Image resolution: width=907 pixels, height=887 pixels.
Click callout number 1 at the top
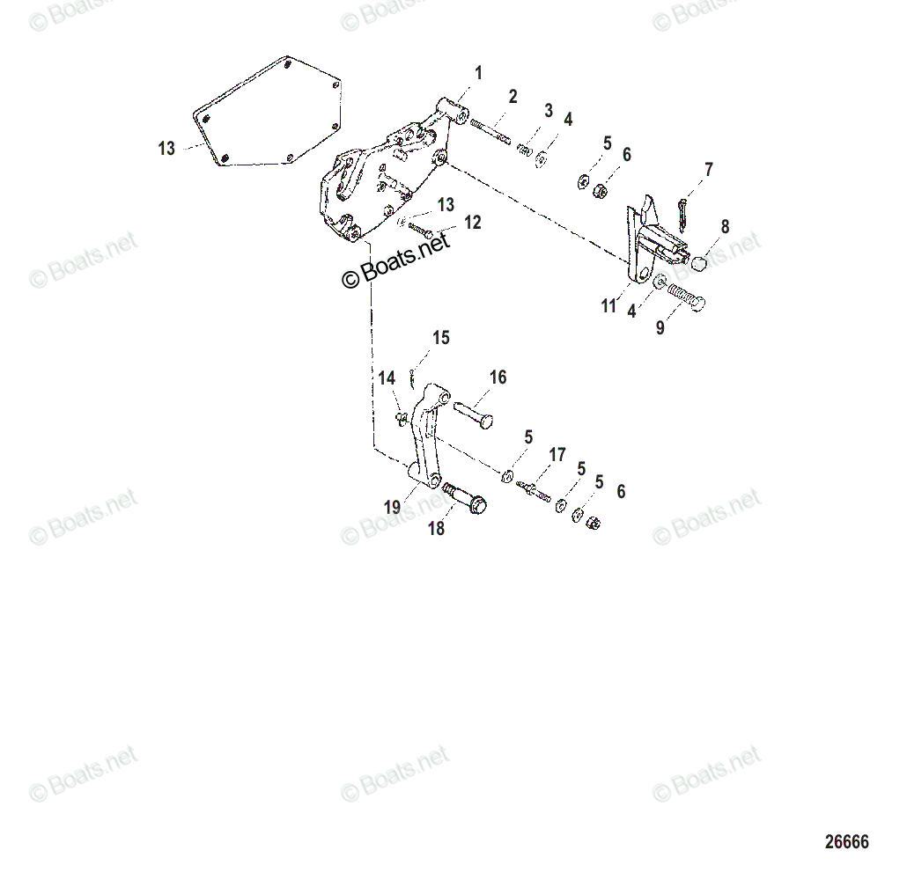coord(478,73)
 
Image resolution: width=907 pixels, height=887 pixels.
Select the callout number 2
coord(512,97)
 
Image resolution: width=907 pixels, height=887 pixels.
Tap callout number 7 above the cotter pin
coord(709,170)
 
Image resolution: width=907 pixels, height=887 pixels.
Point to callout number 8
coord(725,227)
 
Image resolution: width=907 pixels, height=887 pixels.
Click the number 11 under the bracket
coord(608,306)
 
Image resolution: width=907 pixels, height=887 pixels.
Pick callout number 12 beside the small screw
coord(473,223)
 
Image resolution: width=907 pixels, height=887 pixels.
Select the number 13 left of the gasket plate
coord(166,149)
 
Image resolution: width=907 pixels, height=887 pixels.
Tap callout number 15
coord(440,337)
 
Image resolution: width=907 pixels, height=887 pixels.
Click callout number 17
coord(557,455)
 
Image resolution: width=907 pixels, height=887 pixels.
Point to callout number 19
coord(392,507)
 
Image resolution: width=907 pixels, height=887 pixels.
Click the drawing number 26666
coord(846,842)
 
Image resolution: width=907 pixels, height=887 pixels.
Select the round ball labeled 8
coord(697,263)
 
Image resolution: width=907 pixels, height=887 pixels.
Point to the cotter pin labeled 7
coord(684,209)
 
